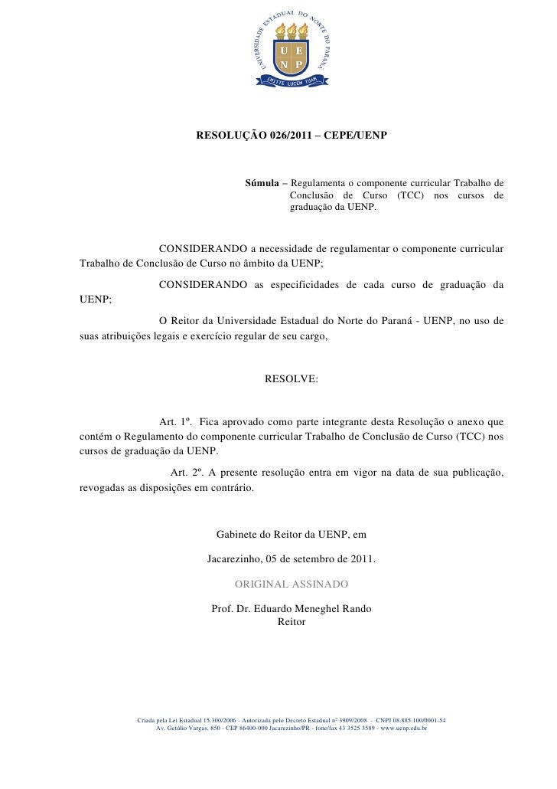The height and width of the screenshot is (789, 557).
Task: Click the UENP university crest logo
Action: tap(291, 51)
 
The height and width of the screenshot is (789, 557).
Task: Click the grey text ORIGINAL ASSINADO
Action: tap(292, 584)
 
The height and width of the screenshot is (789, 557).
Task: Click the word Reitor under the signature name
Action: tap(292, 622)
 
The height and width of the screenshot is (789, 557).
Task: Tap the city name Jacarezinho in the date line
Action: tap(236, 559)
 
